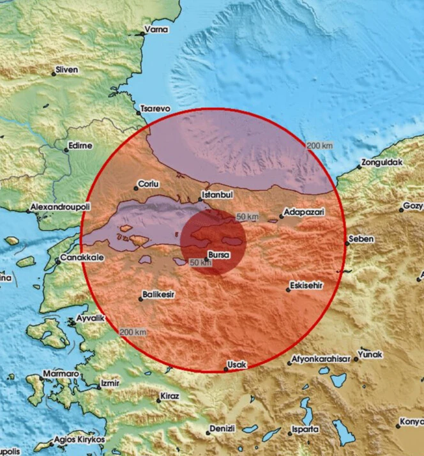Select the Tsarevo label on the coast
[155, 109]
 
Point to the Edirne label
[80, 146]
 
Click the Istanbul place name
[216, 194]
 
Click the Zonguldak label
[382, 162]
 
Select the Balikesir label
[157, 294]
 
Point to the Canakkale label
[79, 259]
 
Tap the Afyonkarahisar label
[321, 359]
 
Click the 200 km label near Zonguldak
[319, 146]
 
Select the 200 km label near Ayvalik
[133, 332]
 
